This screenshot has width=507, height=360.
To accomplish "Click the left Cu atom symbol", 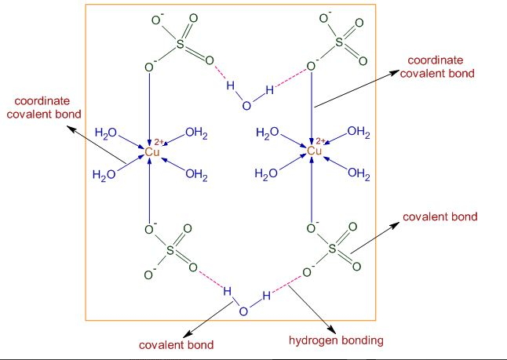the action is [x=152, y=151].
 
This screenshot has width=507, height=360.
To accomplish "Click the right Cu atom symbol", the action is [x=314, y=151].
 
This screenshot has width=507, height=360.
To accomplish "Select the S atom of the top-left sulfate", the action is [x=180, y=44].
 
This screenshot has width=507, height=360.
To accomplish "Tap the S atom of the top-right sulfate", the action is [x=339, y=42].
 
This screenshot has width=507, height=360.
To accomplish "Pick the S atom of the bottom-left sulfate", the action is [x=170, y=249].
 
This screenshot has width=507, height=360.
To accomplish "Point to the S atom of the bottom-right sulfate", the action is [x=332, y=249].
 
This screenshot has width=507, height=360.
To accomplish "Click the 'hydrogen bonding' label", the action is [x=336, y=340].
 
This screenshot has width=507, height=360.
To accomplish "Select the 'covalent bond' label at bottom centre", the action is [x=177, y=345].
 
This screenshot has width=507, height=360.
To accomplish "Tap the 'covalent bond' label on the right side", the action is [x=440, y=216].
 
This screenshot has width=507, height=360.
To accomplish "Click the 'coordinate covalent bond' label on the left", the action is [x=44, y=107].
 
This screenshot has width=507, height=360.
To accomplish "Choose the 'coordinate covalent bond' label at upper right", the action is [x=437, y=67].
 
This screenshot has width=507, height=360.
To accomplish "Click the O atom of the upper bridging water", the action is [x=246, y=106].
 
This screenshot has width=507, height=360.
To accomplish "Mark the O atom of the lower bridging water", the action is [x=243, y=311].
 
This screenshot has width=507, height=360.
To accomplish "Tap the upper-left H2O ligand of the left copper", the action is [x=106, y=133].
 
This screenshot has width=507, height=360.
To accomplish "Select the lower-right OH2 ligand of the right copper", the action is [x=359, y=173].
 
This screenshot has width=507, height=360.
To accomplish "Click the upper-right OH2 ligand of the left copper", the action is [x=196, y=133].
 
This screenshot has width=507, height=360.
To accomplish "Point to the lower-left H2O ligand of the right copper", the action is [x=266, y=174].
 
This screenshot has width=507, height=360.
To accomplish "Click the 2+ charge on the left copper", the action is [x=159, y=142].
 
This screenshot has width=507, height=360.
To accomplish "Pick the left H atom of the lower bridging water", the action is [x=228, y=291].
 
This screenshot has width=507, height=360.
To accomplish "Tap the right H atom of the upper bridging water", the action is [x=270, y=89].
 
